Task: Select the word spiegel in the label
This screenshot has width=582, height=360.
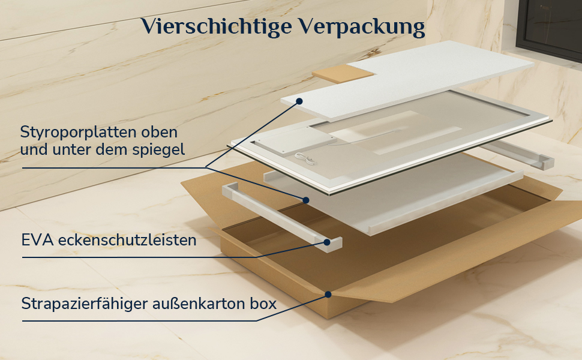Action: (164, 150)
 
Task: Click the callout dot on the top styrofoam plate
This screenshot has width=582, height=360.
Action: (299, 101)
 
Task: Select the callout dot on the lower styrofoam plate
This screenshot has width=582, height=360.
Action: (306, 200)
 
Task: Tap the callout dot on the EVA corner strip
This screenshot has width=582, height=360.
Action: (327, 242)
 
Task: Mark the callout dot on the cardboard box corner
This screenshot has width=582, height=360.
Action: (328, 295)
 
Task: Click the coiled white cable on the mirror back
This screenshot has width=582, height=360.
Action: (305, 158)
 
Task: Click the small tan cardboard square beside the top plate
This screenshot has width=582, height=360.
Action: (343, 73)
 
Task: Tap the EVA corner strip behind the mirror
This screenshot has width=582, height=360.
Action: (519, 155)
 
